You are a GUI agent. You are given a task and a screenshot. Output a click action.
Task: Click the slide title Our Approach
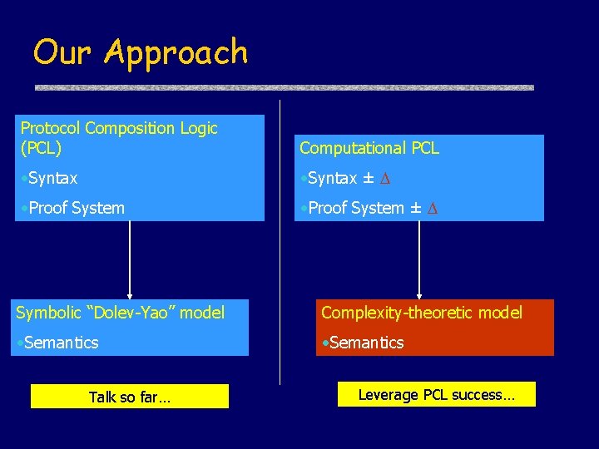[141, 52]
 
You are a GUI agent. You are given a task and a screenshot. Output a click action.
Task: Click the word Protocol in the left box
[50, 128]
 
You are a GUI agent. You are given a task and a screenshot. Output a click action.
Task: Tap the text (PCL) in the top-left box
[41, 149]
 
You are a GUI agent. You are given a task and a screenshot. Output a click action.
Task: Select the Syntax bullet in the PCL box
[50, 178]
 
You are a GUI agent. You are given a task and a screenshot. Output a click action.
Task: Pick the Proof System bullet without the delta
[73, 208]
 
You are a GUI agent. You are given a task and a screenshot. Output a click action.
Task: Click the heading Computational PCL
[369, 148]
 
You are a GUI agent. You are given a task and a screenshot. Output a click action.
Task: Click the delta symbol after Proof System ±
[432, 209]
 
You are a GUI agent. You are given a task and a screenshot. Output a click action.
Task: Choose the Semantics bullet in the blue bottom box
[59, 342]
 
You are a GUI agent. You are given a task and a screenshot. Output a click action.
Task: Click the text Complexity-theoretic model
[422, 313]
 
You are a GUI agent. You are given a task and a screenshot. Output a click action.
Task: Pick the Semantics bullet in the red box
[364, 342]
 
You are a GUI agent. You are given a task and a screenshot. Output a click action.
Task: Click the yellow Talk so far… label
[130, 397]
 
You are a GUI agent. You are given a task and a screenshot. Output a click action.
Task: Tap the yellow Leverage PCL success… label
[436, 395]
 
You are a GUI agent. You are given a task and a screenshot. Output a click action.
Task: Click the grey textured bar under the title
[283, 86]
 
